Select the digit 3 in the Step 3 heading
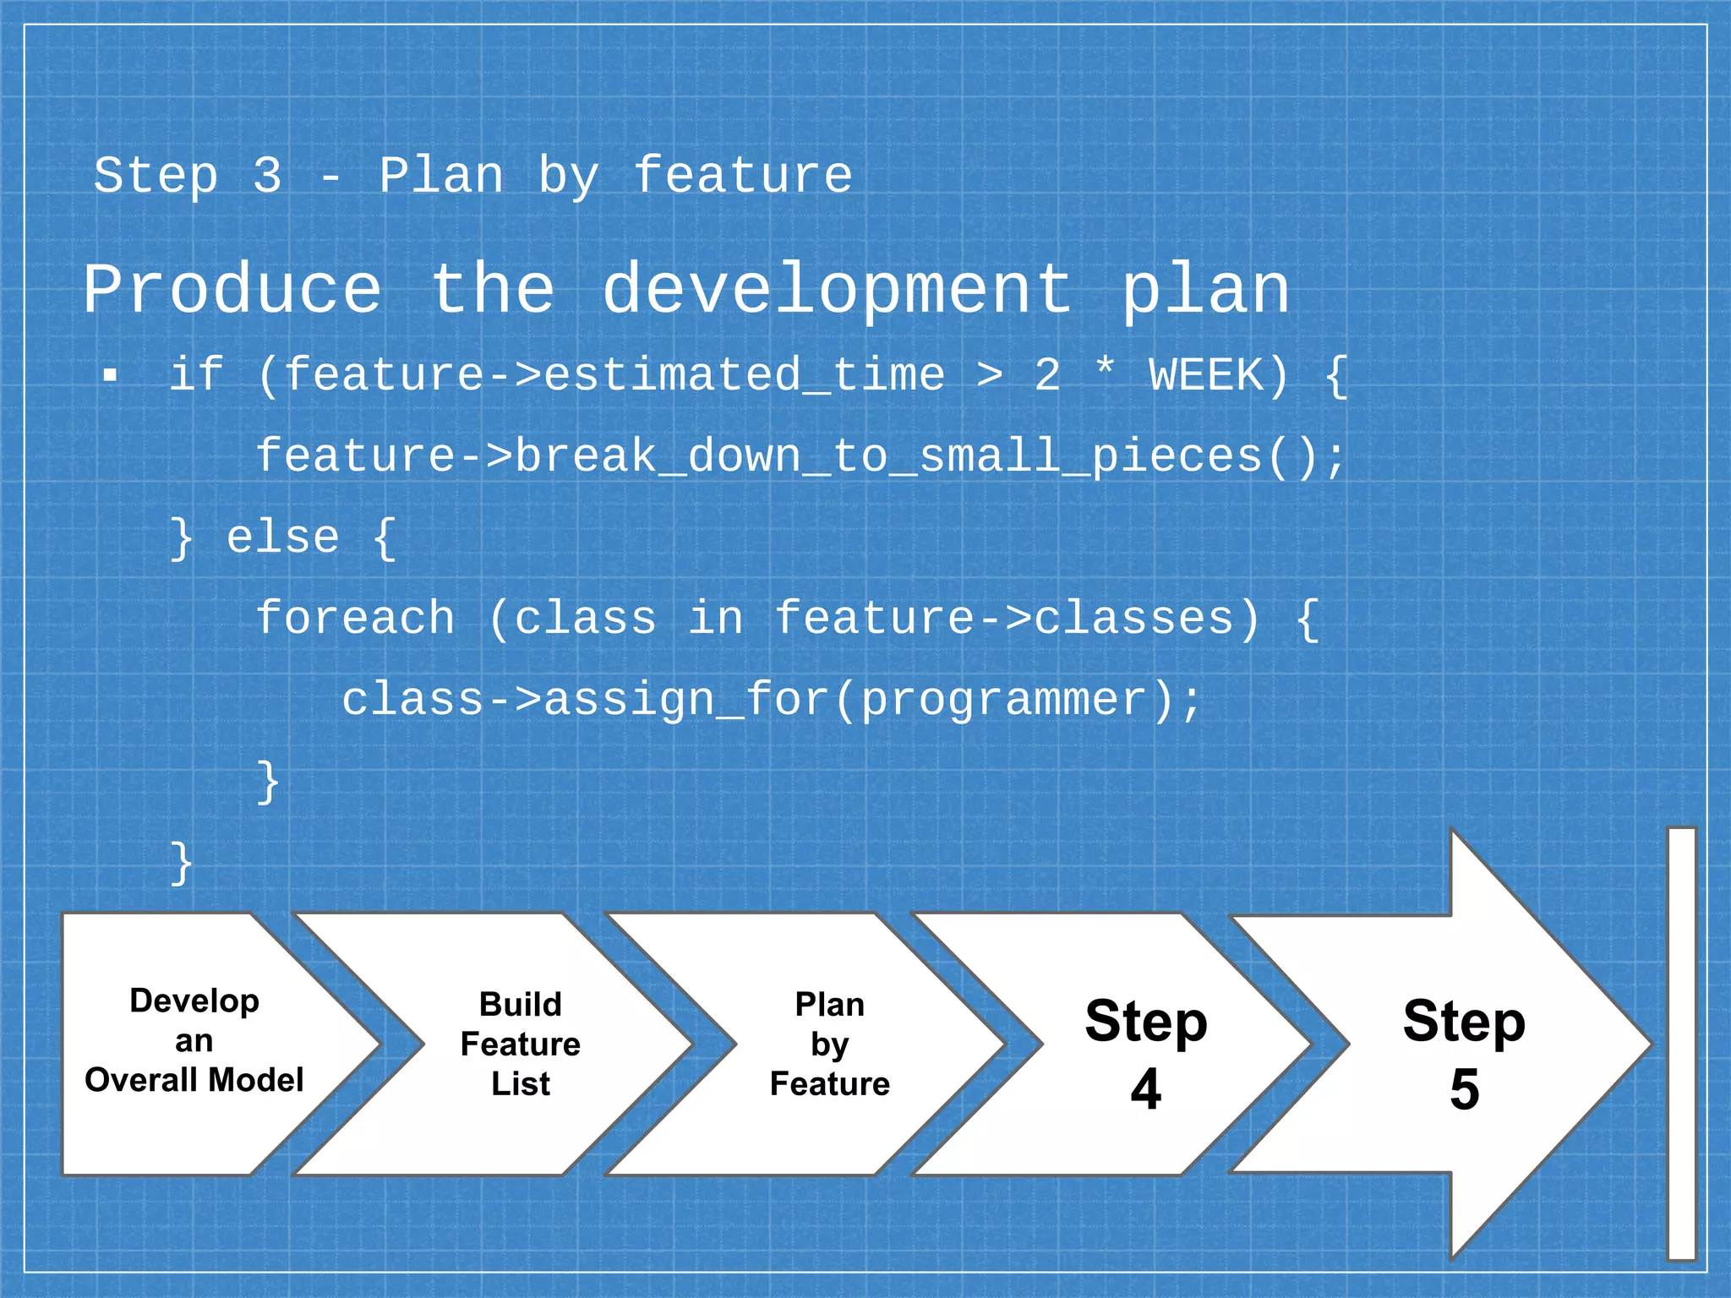pos(267,176)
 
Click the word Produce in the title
pos(232,290)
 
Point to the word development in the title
pos(837,290)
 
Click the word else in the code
pos(283,537)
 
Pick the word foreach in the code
pos(356,618)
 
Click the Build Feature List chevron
pos(521,1044)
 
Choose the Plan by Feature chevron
pos(830,1044)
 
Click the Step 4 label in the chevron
pos(1146,1052)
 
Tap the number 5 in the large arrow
pos(1465,1089)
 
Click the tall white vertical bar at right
pos(1681,1044)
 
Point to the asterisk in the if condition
pos(1105,369)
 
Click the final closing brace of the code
pos(182,863)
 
